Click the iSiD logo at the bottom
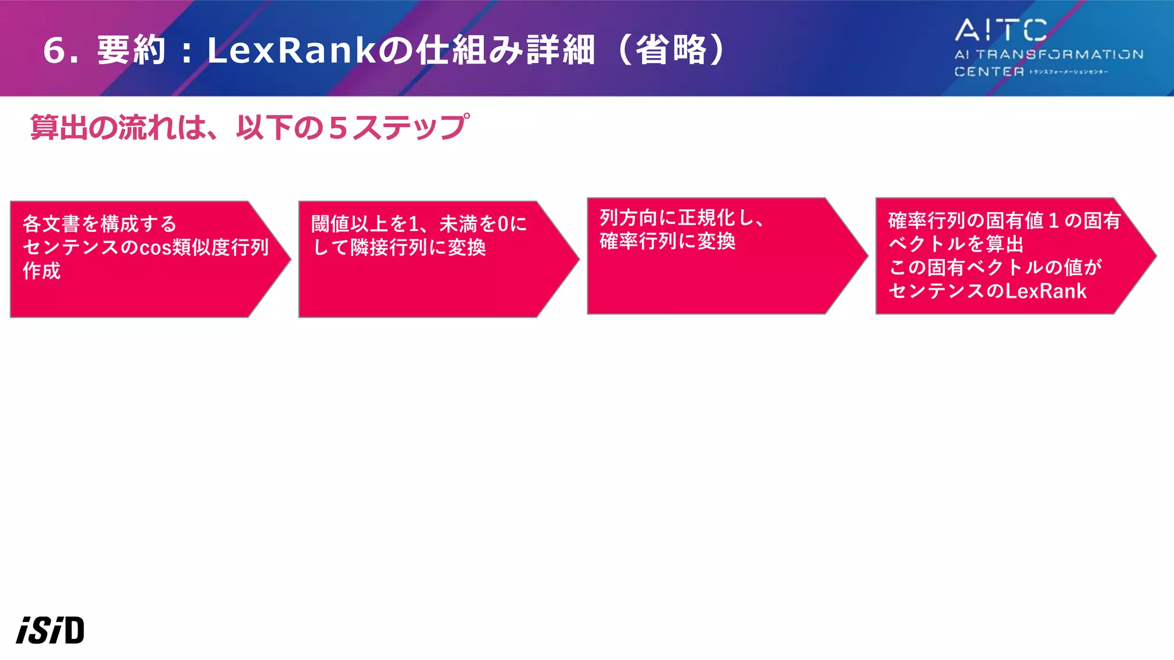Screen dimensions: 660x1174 pos(50,630)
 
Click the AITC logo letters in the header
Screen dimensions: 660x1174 pos(1001,30)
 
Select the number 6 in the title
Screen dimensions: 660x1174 pos(54,50)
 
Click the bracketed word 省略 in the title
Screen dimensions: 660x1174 pos(671,50)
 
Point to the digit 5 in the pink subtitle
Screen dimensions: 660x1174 pos(338,128)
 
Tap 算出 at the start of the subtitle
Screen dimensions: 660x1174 pos(59,127)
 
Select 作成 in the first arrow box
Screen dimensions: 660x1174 pos(42,270)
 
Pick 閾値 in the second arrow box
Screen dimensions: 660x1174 pos(330,223)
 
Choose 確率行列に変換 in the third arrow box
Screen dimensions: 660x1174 pos(667,241)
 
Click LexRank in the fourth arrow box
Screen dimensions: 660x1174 pos(1046,291)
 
